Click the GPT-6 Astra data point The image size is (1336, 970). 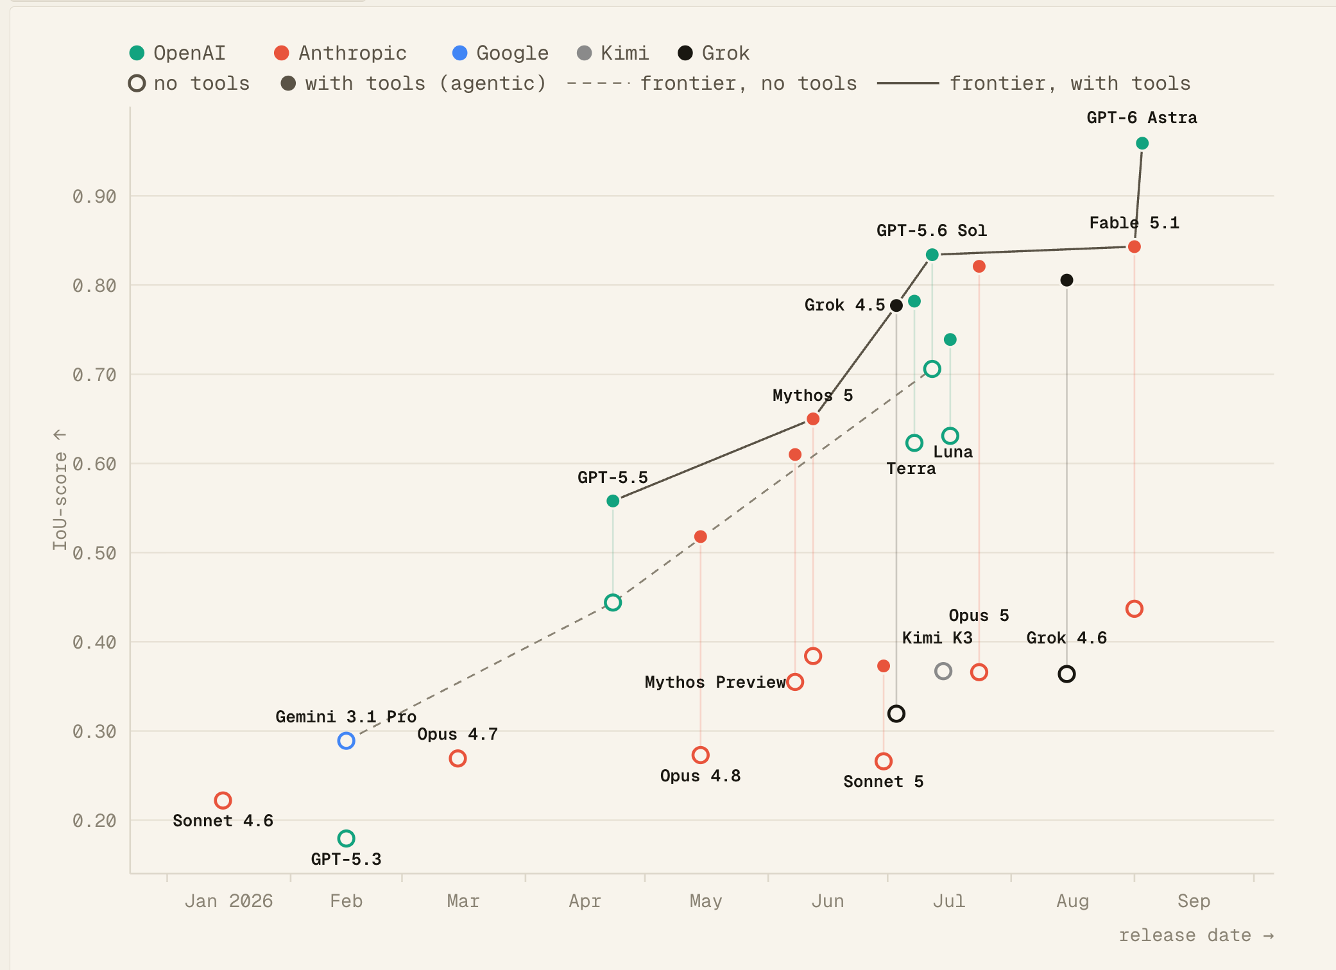[1142, 143]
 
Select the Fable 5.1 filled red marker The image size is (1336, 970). [1135, 246]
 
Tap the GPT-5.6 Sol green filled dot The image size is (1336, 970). [932, 255]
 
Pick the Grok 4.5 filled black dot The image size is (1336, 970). [896, 305]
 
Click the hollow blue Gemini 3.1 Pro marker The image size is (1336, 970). [346, 741]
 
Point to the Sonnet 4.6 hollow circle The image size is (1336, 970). [223, 801]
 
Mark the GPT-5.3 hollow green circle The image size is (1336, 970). [346, 838]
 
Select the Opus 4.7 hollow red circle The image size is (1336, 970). [458, 759]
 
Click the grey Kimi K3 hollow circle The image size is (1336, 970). [943, 672]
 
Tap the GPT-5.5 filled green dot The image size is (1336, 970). [613, 501]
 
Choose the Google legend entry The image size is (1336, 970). [501, 53]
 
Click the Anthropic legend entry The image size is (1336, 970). [340, 53]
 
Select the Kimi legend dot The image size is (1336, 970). [585, 53]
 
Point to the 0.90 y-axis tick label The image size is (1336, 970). [94, 196]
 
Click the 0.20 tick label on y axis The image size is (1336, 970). [94, 821]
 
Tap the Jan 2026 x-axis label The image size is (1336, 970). [228, 901]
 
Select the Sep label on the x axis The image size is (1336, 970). [1194, 901]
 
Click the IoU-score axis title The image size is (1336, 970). [60, 501]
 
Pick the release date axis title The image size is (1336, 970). [1185, 935]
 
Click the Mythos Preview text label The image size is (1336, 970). [715, 682]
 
